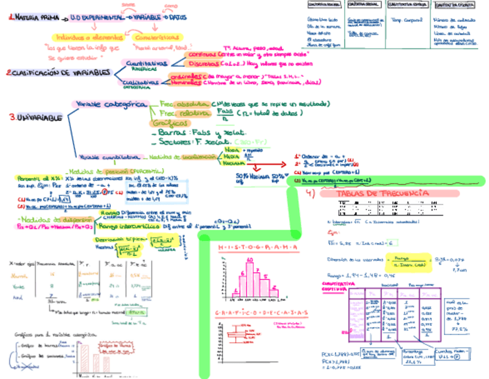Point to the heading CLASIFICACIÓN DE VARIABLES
pyautogui.click(x=59, y=73)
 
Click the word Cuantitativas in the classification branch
pyautogui.click(x=145, y=63)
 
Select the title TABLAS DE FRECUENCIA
pyautogui.click(x=382, y=193)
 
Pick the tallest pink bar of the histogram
pyautogui.click(x=250, y=283)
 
